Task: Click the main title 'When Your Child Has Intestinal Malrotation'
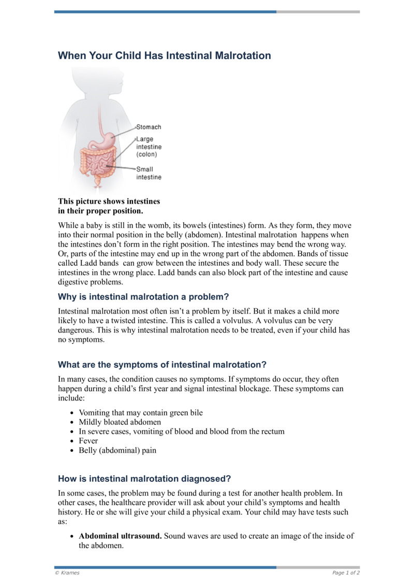(x=164, y=55)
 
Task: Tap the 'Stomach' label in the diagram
(x=149, y=127)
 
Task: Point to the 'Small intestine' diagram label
(x=149, y=173)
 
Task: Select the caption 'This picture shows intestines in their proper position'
(x=109, y=206)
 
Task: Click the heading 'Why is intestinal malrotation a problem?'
(x=143, y=297)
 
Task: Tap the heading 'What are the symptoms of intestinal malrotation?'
(x=162, y=364)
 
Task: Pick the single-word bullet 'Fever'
(x=88, y=441)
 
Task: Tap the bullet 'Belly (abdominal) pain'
(x=117, y=450)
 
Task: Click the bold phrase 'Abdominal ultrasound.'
(x=120, y=536)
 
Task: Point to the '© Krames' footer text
(x=67, y=573)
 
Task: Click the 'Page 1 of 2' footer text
(x=346, y=573)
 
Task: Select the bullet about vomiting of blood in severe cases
(x=181, y=432)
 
